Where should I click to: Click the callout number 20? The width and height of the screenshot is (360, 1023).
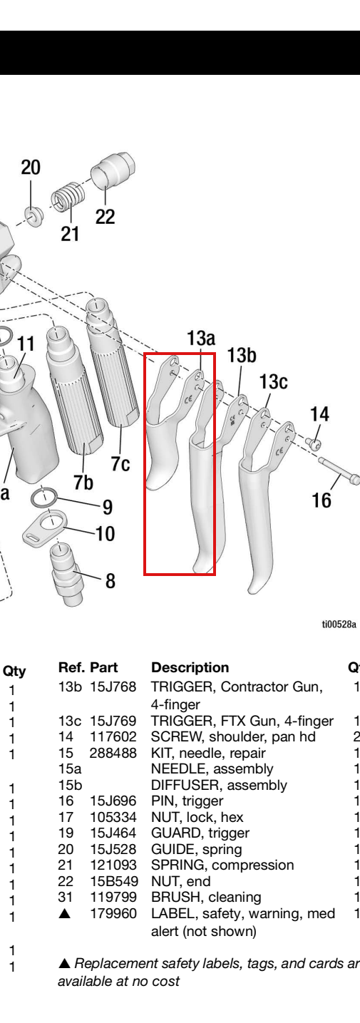tap(31, 168)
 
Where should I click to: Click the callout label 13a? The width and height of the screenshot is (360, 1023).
tap(200, 339)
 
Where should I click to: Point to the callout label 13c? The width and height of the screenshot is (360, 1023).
tap(273, 381)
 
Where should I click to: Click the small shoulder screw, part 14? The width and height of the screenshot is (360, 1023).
tap(314, 442)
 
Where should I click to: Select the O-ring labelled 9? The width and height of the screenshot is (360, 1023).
tap(44, 497)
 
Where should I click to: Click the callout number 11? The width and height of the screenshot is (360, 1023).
tap(26, 344)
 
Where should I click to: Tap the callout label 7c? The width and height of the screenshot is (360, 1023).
tap(120, 463)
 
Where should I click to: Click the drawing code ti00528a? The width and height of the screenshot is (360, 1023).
tap(339, 624)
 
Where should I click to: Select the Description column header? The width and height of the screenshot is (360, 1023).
tap(190, 667)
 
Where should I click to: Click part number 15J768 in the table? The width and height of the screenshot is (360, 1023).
tap(113, 687)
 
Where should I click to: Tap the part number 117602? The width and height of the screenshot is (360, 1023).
tap(113, 736)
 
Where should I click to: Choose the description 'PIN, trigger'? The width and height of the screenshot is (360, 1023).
tap(187, 801)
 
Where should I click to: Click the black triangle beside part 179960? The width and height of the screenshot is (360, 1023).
tap(65, 913)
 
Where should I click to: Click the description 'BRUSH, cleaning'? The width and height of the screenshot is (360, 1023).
tap(206, 897)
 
